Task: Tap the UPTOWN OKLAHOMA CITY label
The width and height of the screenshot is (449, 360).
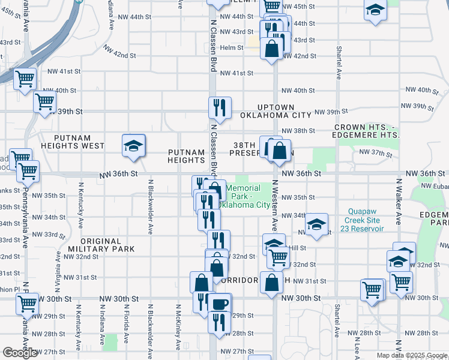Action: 276,110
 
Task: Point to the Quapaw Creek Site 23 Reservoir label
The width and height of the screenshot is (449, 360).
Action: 371,219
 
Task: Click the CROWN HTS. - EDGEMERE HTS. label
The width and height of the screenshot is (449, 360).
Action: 367,131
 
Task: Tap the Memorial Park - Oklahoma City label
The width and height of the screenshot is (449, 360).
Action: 244,196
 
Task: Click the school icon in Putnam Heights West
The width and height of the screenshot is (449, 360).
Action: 133,146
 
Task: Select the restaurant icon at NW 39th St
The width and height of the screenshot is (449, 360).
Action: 219,108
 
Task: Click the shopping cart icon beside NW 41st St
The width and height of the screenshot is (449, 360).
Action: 25,79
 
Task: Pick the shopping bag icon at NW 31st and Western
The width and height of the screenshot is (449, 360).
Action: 271,282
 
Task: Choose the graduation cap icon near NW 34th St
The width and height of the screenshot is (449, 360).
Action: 316,224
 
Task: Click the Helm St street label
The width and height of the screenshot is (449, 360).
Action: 231,47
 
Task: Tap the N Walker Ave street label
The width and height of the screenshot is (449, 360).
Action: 397,207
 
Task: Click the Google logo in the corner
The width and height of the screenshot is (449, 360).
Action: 20,353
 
